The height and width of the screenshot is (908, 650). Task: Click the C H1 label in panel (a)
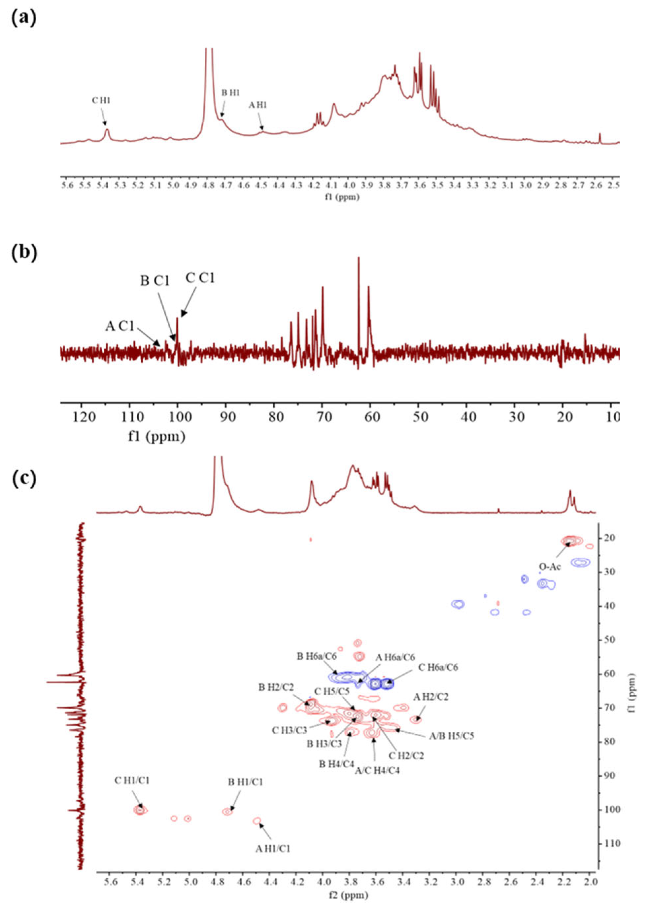(x=101, y=101)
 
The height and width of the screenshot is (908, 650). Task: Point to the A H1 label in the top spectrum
(x=257, y=106)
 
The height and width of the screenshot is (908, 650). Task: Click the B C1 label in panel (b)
(x=155, y=281)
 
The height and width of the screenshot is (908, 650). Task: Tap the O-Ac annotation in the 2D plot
(x=550, y=567)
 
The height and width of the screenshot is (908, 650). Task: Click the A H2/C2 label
(x=431, y=697)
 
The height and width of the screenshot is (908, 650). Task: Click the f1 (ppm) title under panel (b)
(x=156, y=437)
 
